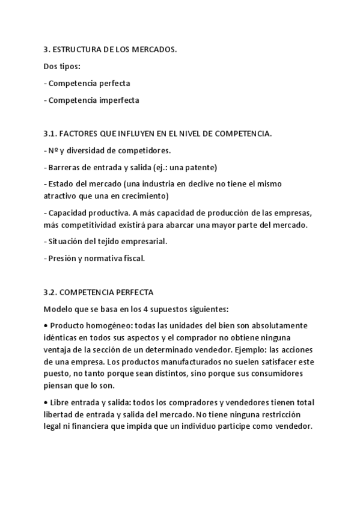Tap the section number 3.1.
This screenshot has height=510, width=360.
coord(50,134)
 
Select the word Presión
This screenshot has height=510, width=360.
coord(63,258)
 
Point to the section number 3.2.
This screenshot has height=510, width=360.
coord(50,292)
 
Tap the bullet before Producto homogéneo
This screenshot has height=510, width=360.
coord(46,325)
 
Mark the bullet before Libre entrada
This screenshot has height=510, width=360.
coord(46,402)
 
